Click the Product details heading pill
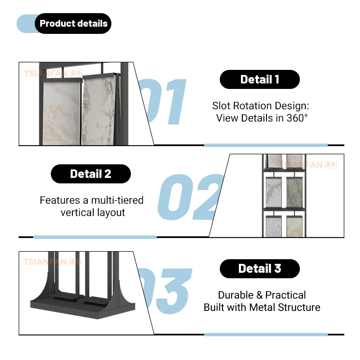(x=73, y=23)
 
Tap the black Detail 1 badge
(x=260, y=79)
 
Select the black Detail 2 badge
(x=91, y=174)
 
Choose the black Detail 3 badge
(x=260, y=268)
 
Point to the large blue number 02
(x=191, y=197)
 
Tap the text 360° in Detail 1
(x=297, y=118)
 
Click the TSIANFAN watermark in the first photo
(x=47, y=73)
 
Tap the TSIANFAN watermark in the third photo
(x=46, y=262)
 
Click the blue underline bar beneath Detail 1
(x=266, y=145)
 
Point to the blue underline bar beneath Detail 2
(x=94, y=237)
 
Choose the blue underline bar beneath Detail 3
(x=266, y=334)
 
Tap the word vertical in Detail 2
(x=76, y=212)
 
